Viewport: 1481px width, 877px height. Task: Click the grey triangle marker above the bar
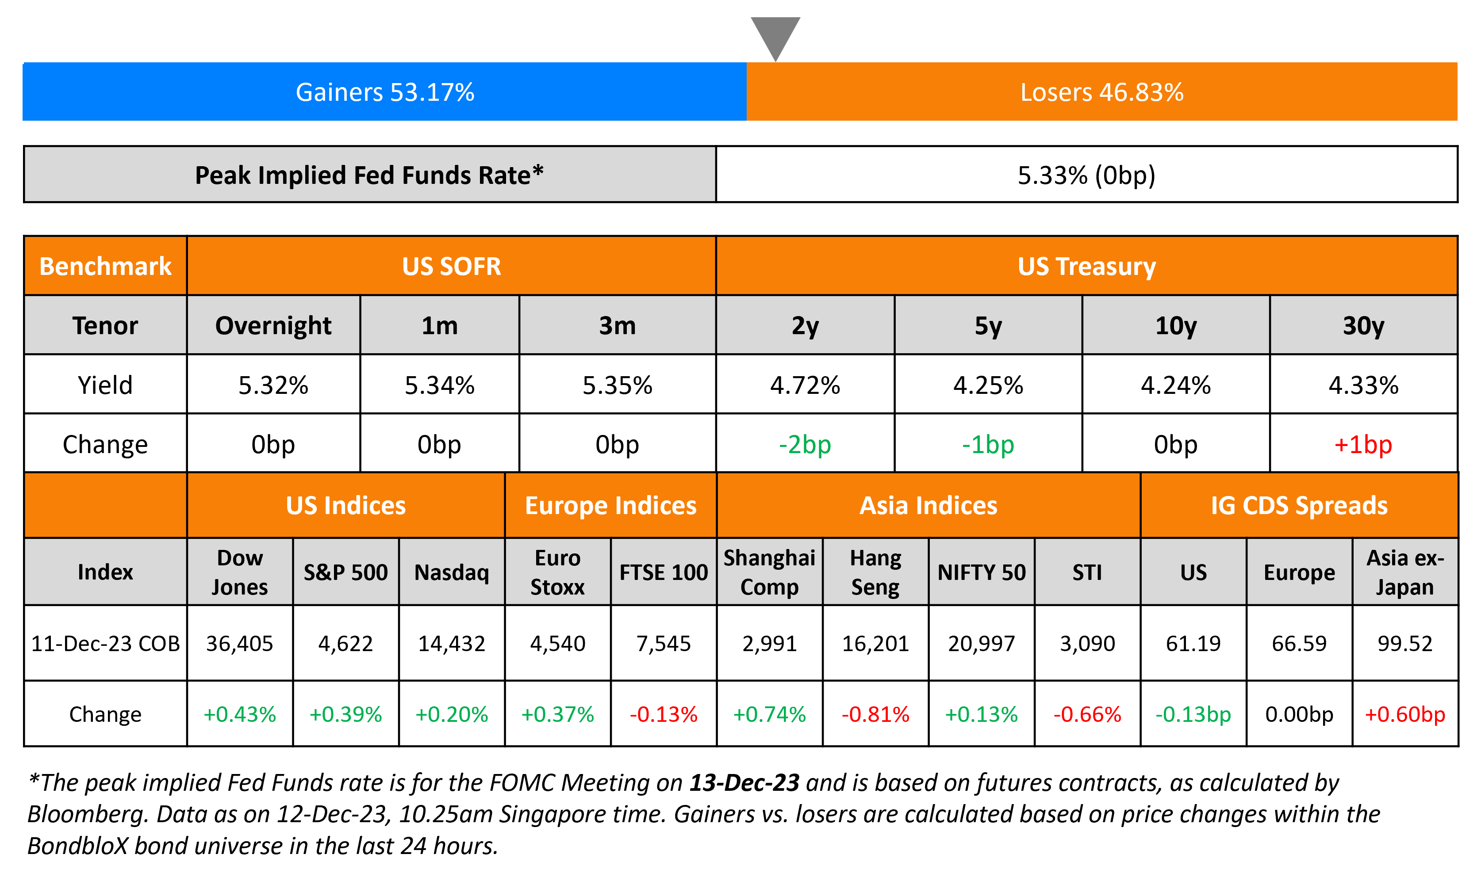tap(775, 35)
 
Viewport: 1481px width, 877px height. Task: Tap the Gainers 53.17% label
tap(385, 92)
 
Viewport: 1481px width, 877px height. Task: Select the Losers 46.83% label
tap(1101, 92)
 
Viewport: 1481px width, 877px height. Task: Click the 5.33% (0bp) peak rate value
tap(1086, 175)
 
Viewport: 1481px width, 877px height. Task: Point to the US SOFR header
tap(451, 267)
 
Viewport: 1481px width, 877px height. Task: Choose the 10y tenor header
tap(1175, 326)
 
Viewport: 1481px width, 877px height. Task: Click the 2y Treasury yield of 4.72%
tap(805, 385)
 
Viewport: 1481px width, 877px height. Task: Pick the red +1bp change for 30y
tap(1363, 444)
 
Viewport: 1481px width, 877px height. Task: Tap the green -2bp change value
tap(805, 444)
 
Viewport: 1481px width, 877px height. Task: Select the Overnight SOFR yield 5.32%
tap(273, 385)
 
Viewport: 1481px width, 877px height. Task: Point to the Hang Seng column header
tap(875, 572)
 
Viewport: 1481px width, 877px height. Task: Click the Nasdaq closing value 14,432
tap(452, 643)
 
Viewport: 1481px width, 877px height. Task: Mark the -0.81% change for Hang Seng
tap(875, 714)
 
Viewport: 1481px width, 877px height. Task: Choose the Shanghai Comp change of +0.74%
tap(769, 714)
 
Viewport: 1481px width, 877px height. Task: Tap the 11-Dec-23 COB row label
tap(105, 643)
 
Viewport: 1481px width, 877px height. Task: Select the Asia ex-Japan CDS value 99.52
tap(1405, 643)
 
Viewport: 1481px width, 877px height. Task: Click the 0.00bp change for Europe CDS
tap(1299, 714)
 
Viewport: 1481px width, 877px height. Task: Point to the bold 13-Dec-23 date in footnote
tap(744, 782)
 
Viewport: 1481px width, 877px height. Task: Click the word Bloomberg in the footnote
tap(86, 814)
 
